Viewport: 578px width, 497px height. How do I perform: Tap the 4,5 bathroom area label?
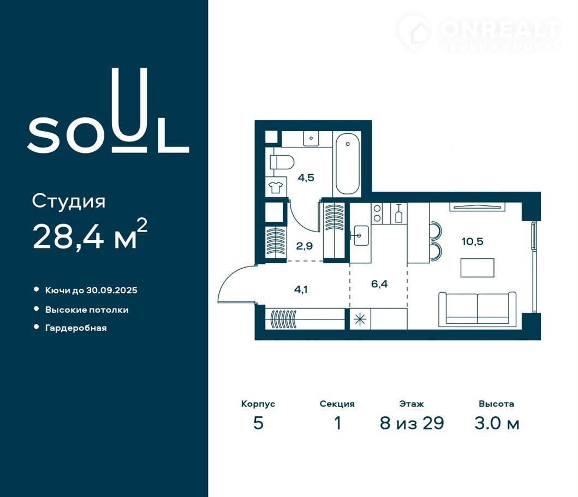tap(306, 178)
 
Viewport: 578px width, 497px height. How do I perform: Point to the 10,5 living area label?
tap(472, 242)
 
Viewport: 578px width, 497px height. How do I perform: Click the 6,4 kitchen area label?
tap(379, 284)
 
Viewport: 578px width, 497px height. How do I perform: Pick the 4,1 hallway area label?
tap(301, 289)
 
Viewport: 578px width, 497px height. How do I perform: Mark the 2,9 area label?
tap(305, 246)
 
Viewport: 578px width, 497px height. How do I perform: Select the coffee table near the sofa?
tap(478, 268)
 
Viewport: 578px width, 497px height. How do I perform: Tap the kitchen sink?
tap(360, 235)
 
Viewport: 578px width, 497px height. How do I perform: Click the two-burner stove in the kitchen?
tap(377, 214)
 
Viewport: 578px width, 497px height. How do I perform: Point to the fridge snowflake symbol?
tap(359, 319)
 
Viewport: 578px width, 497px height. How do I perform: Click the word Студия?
tap(69, 202)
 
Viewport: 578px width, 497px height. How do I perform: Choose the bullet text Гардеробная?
tap(76, 328)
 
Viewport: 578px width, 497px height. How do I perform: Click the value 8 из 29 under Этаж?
tap(412, 423)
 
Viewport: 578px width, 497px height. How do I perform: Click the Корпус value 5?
tap(258, 423)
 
